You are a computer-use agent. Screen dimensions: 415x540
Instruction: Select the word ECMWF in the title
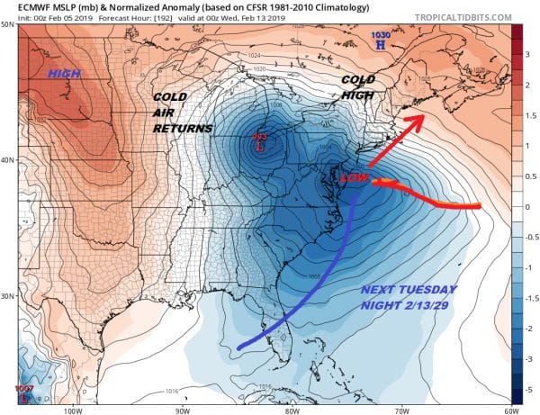click(x=22, y=7)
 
